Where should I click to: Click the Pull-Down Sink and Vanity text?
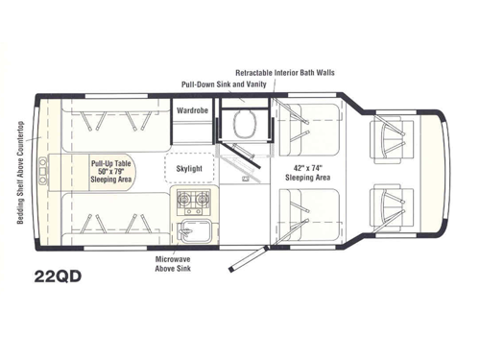[223, 84]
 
